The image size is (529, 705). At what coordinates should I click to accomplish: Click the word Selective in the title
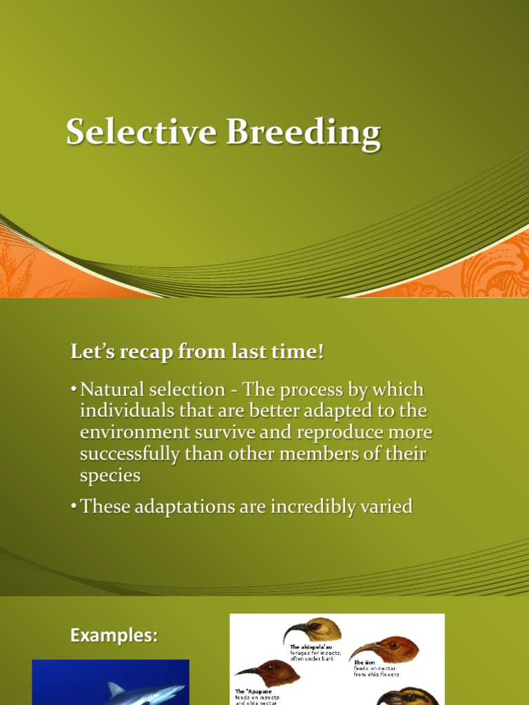pos(141,132)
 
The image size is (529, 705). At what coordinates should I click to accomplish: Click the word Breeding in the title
pos(303,134)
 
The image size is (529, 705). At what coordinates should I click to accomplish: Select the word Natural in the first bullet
pos(114,390)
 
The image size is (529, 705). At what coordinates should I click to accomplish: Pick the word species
pos(110,476)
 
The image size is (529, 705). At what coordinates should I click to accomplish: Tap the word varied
pos(385,507)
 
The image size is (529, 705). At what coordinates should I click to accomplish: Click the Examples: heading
pos(114,635)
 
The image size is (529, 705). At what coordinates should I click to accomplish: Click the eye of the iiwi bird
pos(393,646)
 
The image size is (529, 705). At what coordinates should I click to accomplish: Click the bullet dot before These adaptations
pos(73,507)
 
